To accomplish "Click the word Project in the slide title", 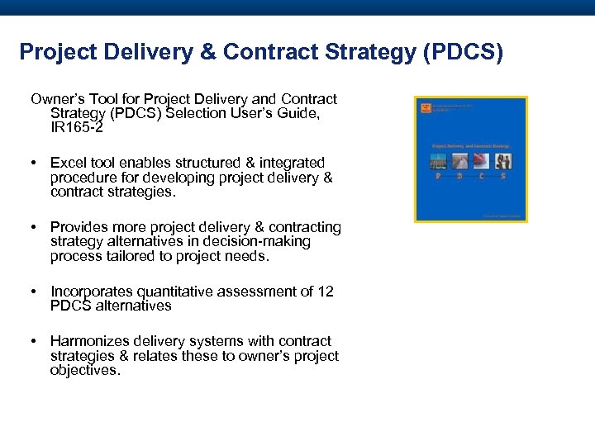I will coord(52,52).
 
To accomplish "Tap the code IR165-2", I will coord(76,129).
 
